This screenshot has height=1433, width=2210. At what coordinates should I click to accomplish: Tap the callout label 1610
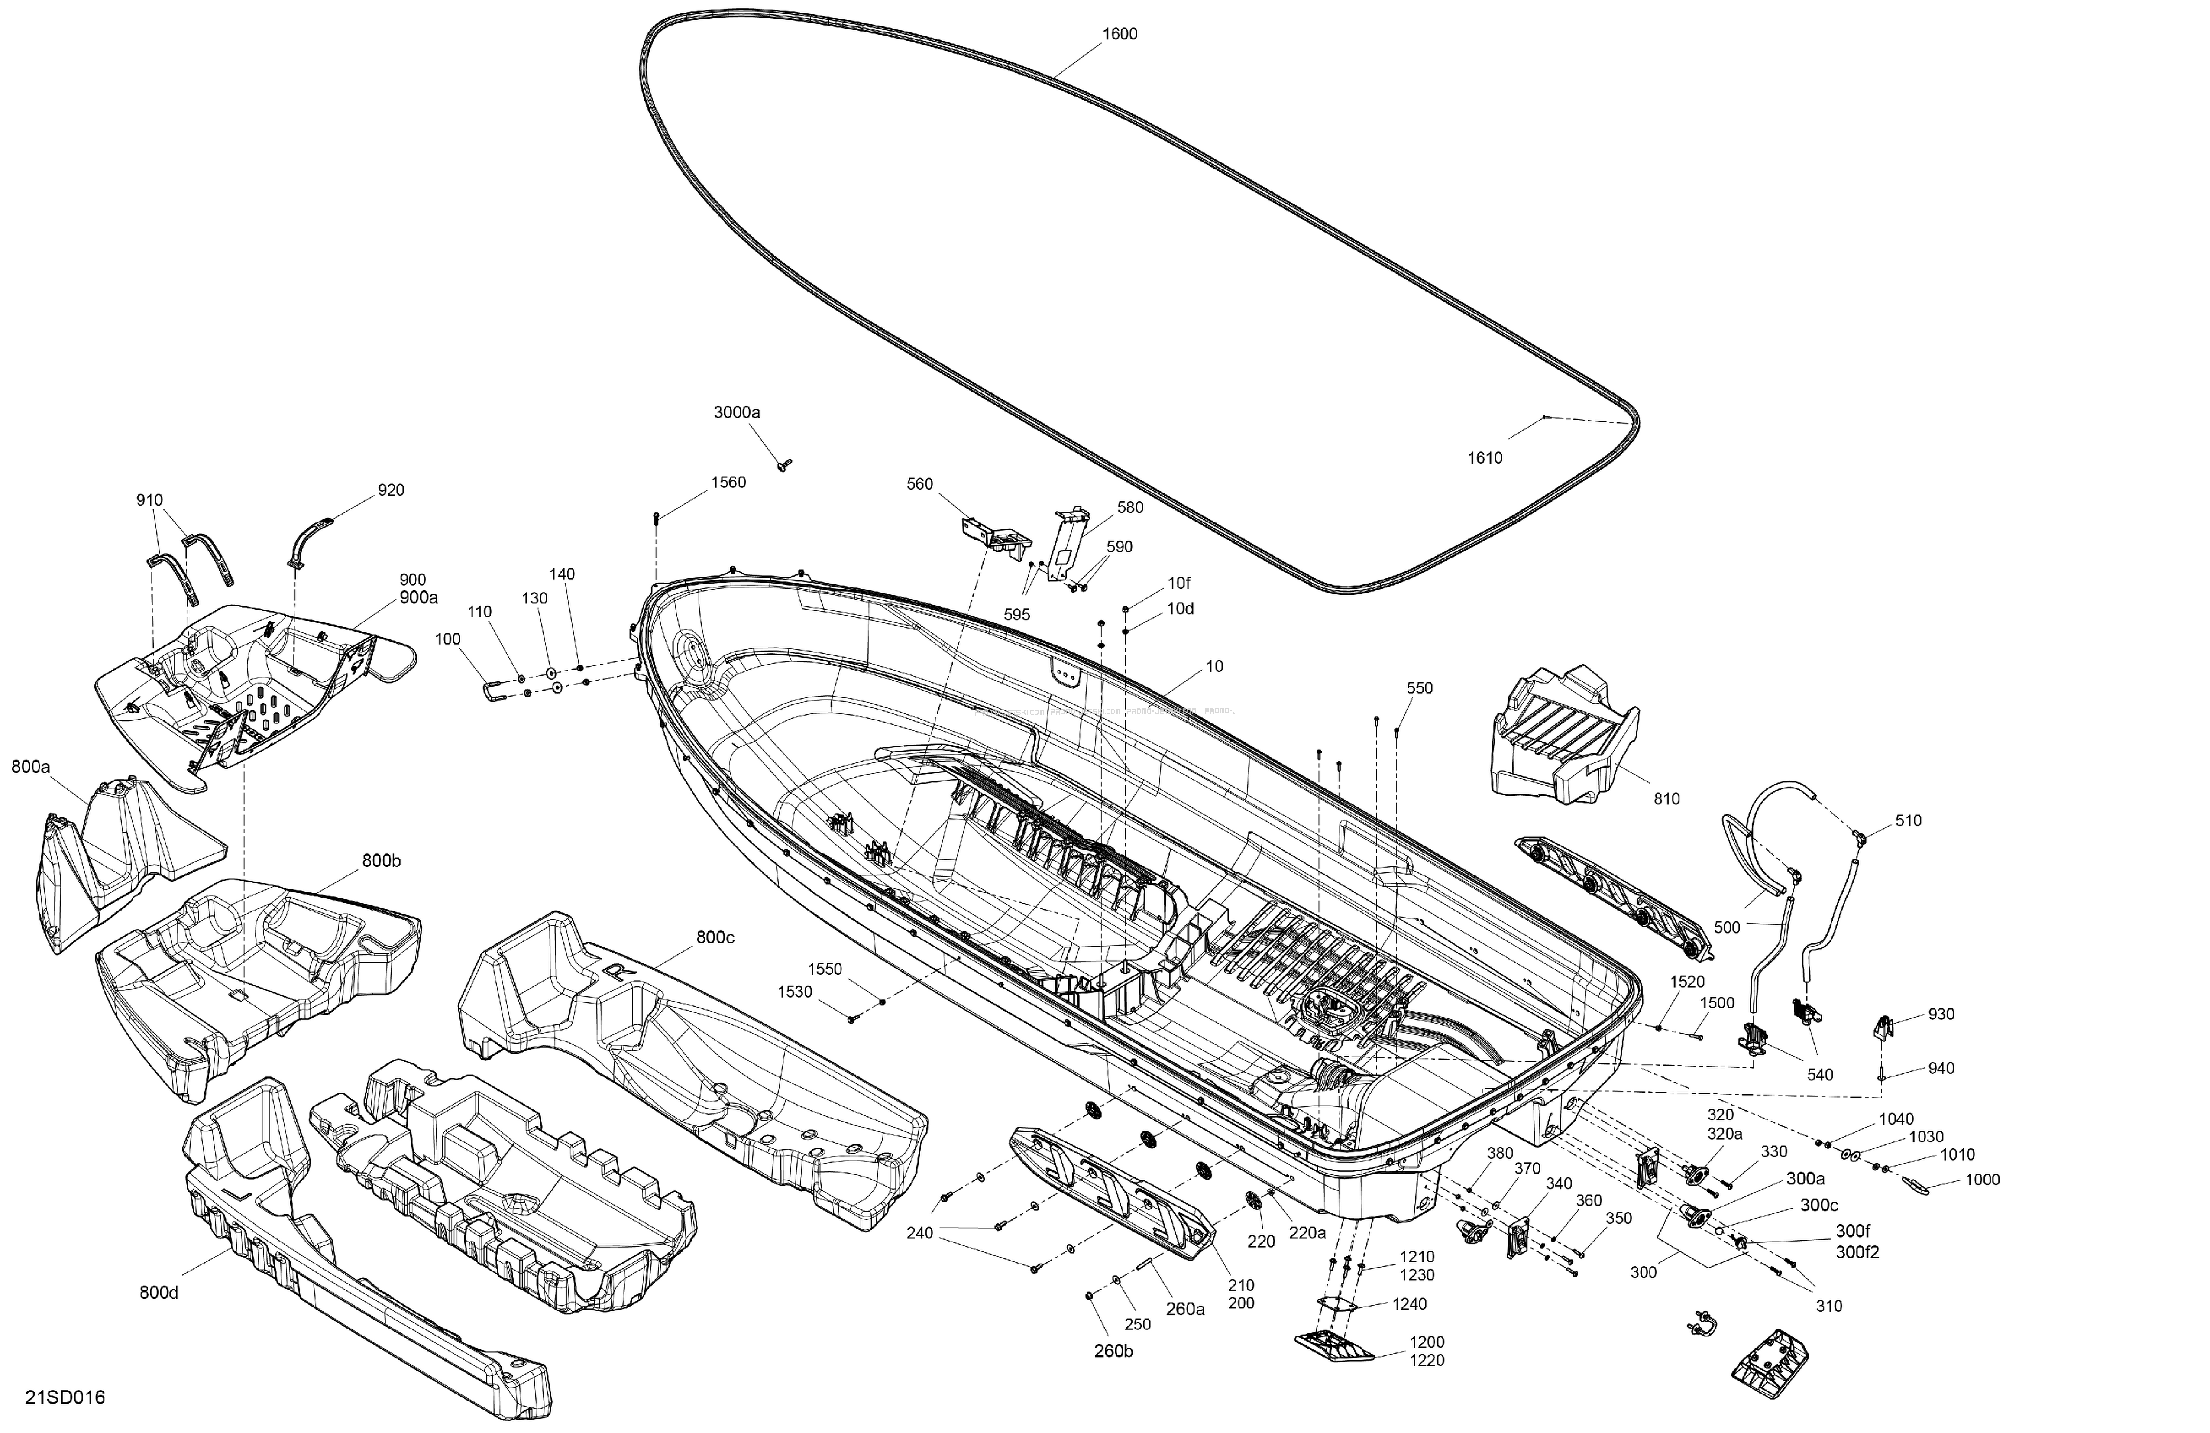(1485, 458)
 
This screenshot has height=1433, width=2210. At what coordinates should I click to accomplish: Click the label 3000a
(736, 412)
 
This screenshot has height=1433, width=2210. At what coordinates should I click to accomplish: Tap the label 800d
(159, 1293)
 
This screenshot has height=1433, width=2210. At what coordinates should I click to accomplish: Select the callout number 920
(391, 490)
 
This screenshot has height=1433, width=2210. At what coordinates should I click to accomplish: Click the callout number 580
(1130, 508)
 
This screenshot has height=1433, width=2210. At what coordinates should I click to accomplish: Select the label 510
(1908, 821)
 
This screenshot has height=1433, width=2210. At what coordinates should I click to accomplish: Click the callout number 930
(1941, 1014)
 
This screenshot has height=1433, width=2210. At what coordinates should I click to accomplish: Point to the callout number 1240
(1409, 1304)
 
